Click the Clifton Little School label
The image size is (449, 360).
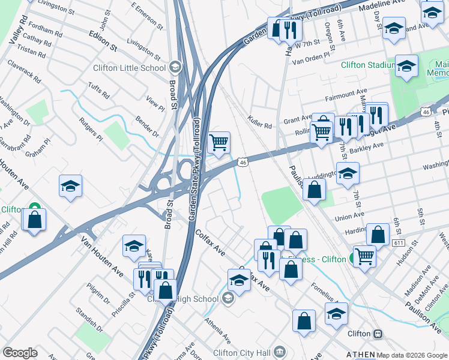tap(129, 67)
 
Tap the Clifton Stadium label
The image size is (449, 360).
tap(368, 65)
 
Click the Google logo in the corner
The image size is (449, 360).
tap(20, 353)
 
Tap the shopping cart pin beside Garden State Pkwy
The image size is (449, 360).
tap(219, 143)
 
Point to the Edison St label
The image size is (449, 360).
tap(102, 40)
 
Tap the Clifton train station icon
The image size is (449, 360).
tap(378, 334)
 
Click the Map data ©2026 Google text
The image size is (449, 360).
tap(412, 355)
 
